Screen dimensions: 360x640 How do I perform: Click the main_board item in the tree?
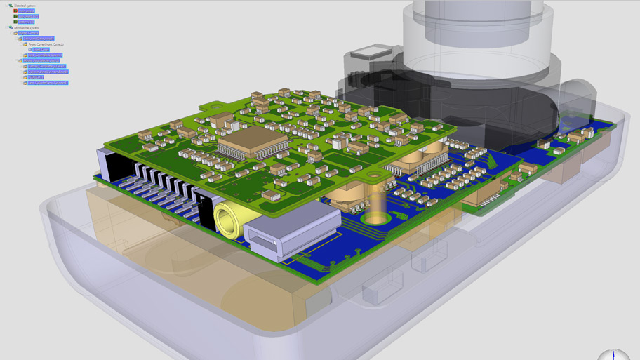point(26,11)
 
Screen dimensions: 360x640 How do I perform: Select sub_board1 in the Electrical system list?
point(28,16)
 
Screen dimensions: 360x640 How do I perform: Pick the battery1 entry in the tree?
point(26,22)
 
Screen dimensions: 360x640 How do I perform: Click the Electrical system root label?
point(25,5)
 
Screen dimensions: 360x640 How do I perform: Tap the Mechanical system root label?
point(26,27)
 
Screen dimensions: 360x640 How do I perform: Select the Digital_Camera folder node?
point(29,33)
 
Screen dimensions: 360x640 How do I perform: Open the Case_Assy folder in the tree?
point(38,39)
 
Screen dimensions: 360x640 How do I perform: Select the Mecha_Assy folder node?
point(41,60)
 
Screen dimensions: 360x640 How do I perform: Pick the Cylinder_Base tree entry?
point(47,72)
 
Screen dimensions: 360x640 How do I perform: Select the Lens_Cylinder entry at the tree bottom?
point(47,83)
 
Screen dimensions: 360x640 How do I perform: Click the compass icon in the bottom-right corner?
point(613,355)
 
